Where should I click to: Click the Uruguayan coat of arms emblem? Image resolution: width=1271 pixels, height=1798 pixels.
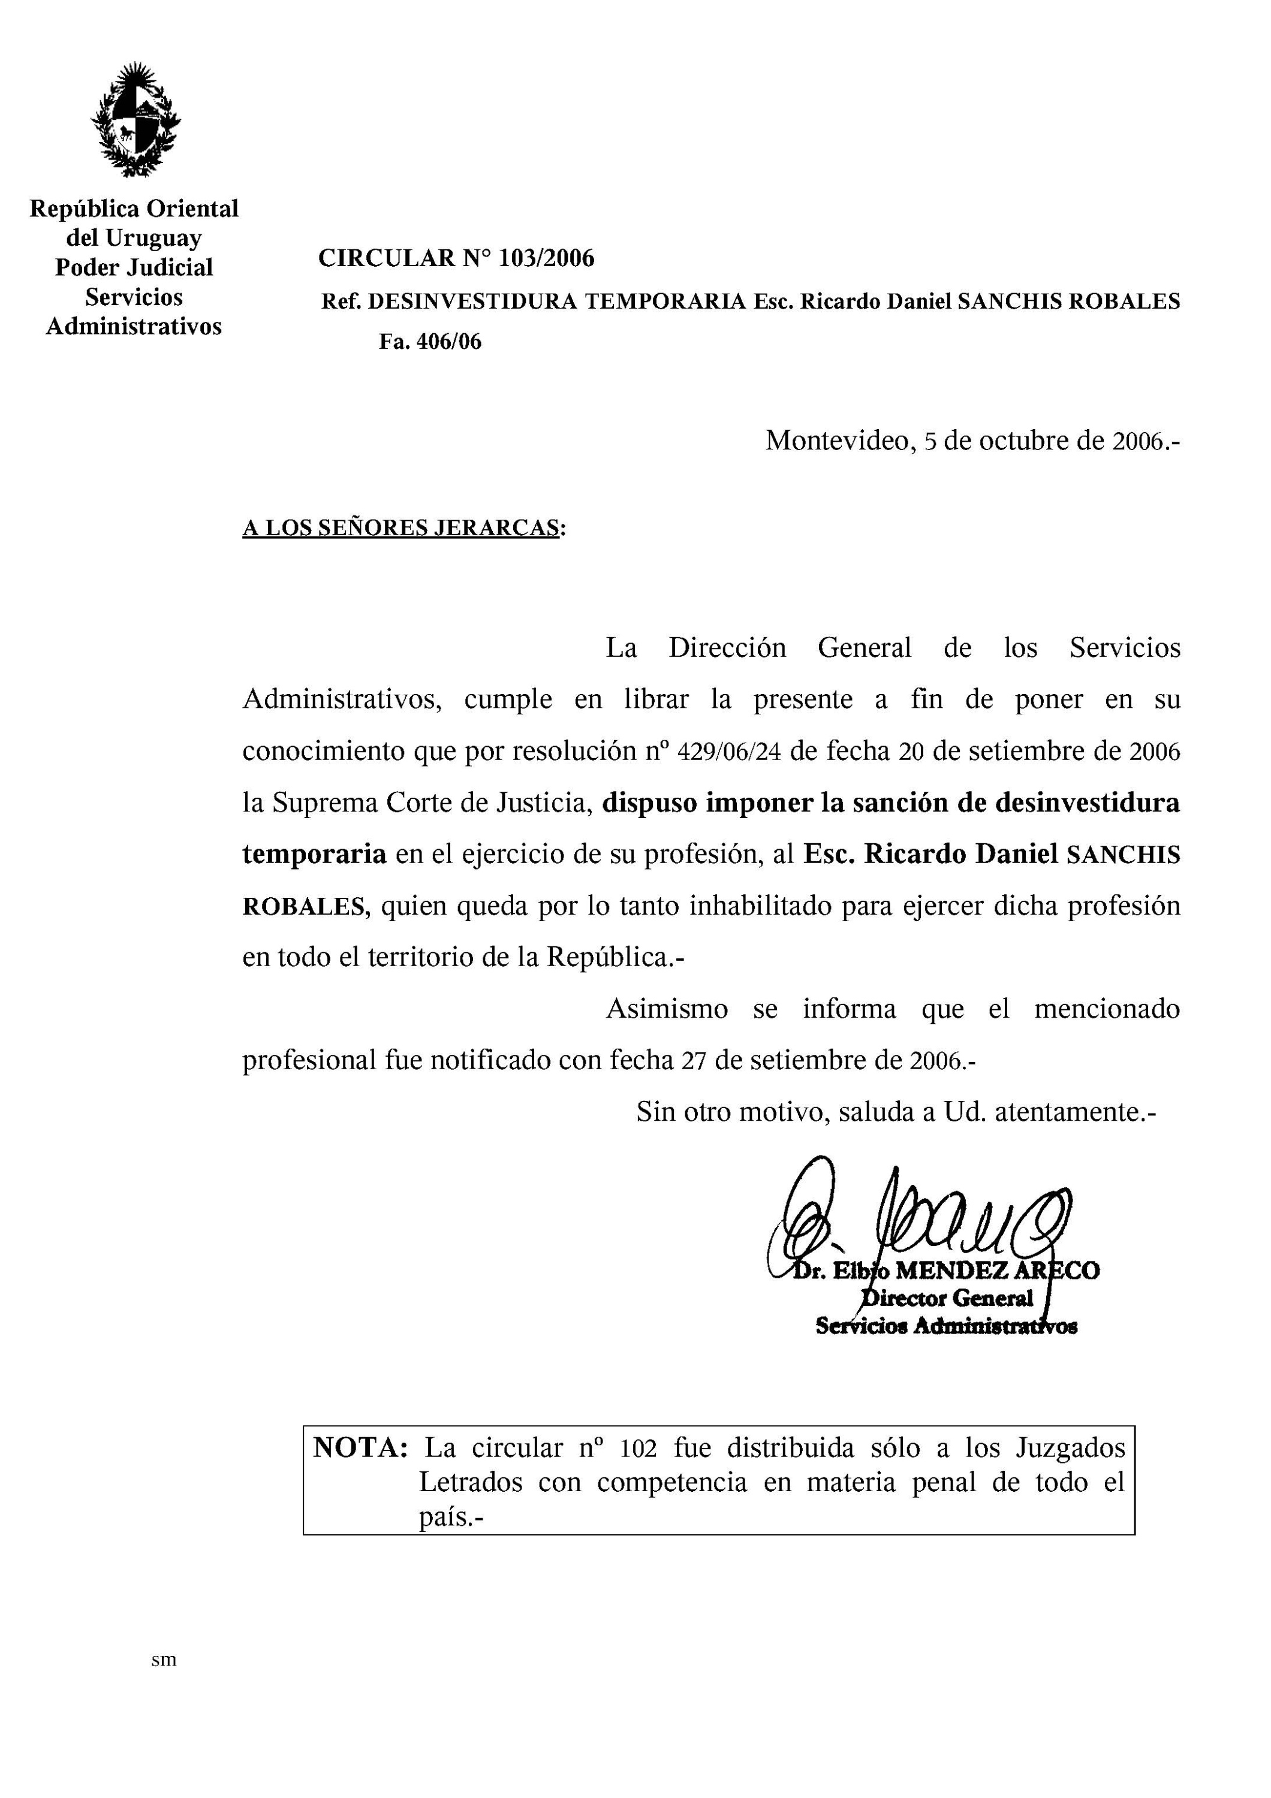(135, 119)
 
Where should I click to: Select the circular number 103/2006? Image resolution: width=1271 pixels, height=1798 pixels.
(546, 258)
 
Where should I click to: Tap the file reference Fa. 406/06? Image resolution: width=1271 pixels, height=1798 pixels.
(430, 342)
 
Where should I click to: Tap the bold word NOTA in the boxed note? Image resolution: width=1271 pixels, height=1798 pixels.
(360, 1447)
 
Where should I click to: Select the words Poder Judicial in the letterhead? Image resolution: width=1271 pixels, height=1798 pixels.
(134, 267)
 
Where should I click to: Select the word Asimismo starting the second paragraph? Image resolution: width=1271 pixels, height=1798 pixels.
(667, 1009)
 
